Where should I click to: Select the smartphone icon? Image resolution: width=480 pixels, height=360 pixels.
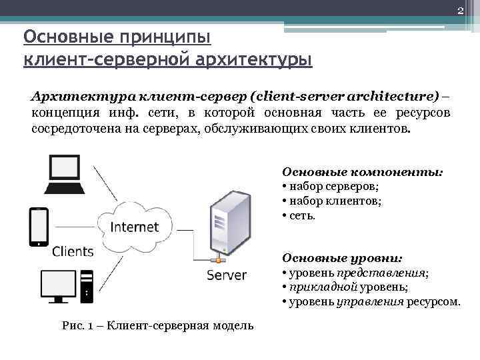click(x=39, y=226)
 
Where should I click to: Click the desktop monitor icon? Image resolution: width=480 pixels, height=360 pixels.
click(x=58, y=285)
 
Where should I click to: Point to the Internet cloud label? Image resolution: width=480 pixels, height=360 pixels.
click(x=134, y=226)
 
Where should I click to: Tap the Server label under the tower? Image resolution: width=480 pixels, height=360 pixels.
click(x=226, y=275)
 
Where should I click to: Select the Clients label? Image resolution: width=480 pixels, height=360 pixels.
click(x=73, y=251)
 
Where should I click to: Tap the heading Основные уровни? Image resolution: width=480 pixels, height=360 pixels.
click(x=342, y=257)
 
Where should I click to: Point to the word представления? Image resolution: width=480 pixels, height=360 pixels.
click(x=381, y=273)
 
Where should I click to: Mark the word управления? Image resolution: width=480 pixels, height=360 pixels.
click(x=369, y=301)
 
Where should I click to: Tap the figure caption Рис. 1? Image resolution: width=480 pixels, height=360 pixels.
click(x=157, y=325)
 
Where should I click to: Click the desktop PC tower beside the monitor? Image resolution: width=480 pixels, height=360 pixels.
click(x=87, y=285)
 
